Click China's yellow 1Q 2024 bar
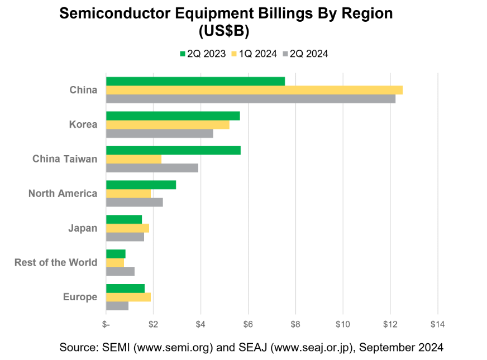click(x=254, y=90)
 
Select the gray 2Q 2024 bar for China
click(x=251, y=99)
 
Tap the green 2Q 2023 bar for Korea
click(x=173, y=116)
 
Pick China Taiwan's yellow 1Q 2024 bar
click(x=133, y=159)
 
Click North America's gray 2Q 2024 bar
click(x=134, y=203)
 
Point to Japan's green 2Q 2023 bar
click(x=123, y=219)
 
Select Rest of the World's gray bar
click(x=120, y=271)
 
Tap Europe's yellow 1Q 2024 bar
click(x=128, y=297)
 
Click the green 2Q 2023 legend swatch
click(x=182, y=54)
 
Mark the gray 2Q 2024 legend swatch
click(x=285, y=54)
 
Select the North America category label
click(x=63, y=194)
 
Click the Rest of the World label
click(x=56, y=262)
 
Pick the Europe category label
click(x=80, y=297)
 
